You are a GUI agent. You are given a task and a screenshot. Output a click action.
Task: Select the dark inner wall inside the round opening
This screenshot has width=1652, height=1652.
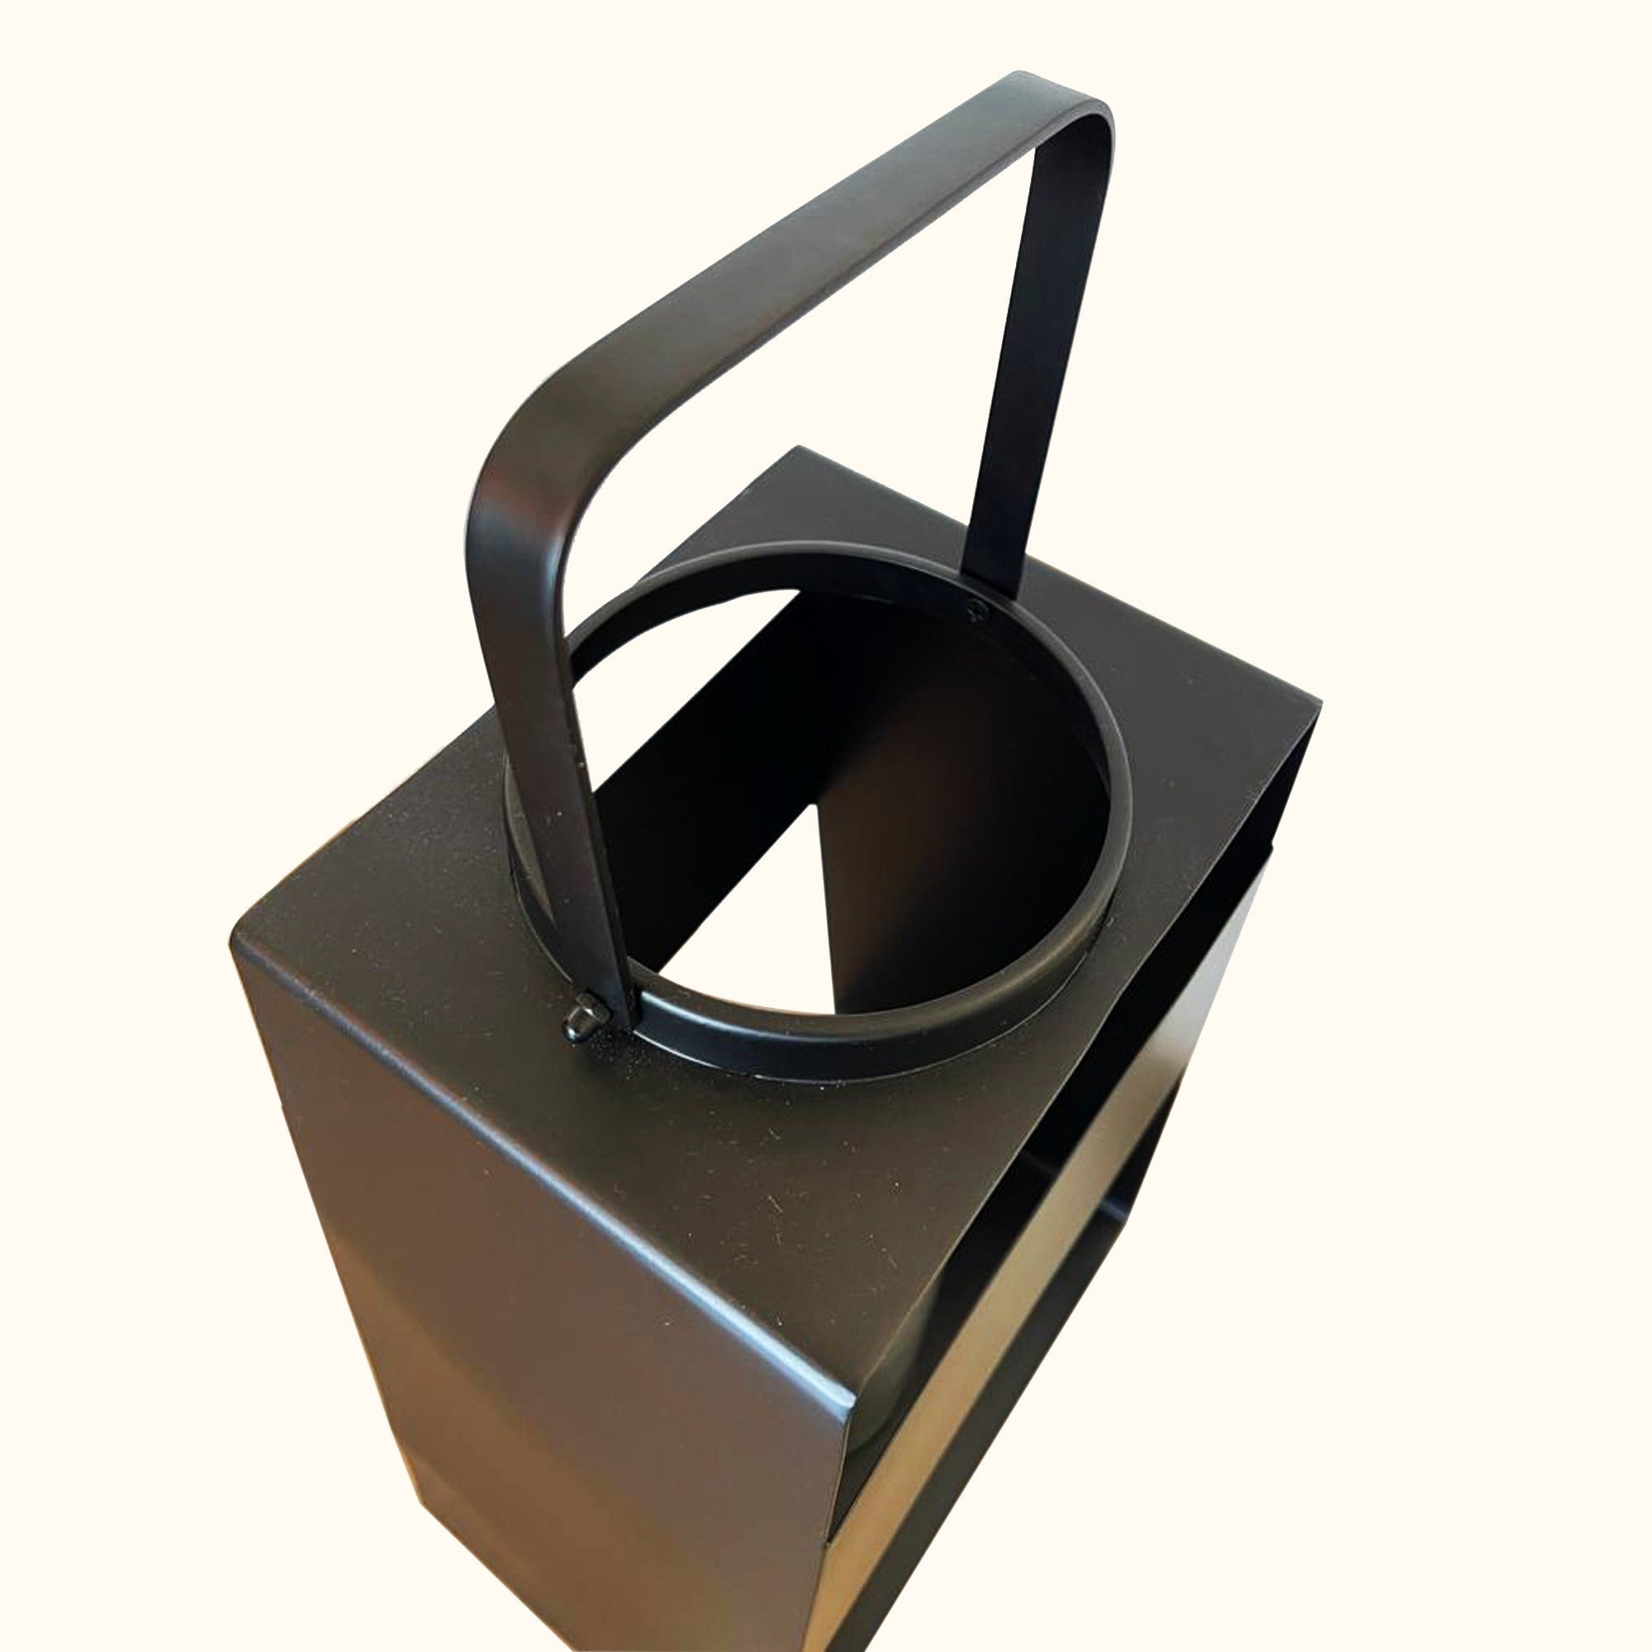click(941, 770)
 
